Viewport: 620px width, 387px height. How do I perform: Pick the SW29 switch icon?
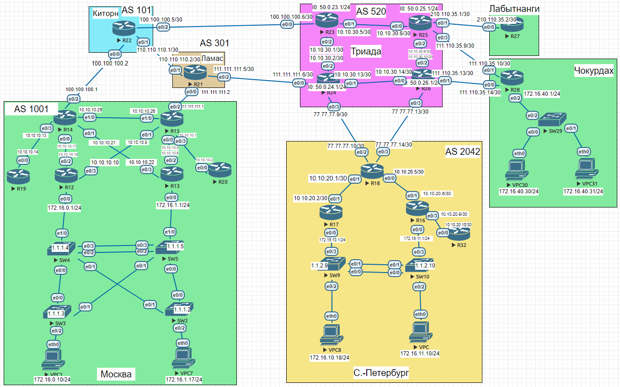tap(551, 120)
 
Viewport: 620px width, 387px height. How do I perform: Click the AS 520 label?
tap(371, 11)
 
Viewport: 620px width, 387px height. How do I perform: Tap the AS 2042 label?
tap(462, 152)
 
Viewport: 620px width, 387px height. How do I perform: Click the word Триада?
tap(366, 51)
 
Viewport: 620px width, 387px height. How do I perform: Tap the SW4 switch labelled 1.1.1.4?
tap(59, 249)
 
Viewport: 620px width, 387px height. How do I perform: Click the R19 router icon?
tap(18, 174)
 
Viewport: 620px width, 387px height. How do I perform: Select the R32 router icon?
tap(460, 234)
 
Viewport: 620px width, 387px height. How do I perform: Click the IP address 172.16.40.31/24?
tap(583, 191)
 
